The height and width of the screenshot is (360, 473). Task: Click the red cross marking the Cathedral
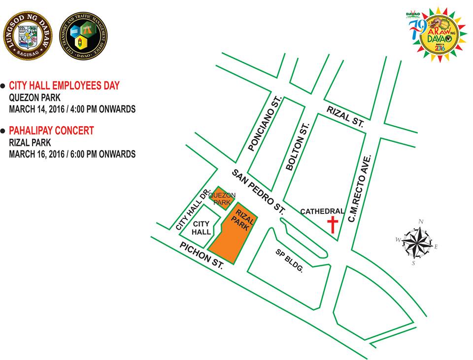(333, 224)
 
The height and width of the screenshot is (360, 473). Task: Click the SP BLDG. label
(289, 260)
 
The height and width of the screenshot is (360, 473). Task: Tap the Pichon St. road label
(202, 254)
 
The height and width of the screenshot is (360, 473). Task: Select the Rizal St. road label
(345, 117)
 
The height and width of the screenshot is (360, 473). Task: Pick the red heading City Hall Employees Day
(64, 86)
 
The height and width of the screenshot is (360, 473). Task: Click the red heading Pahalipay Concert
(51, 131)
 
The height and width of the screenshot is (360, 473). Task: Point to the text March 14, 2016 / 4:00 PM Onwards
(72, 109)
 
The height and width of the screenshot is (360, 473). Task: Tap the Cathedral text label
(322, 211)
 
